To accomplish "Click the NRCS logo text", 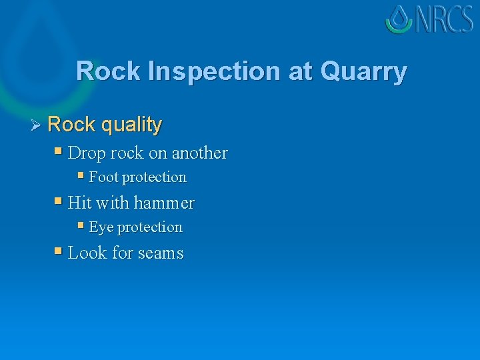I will [444, 19].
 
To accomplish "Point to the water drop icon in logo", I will [399, 19].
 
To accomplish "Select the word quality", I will [133, 125].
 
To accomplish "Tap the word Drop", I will [87, 153].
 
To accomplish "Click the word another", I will [199, 153].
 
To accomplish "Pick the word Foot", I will [103, 177].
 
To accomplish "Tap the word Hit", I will [79, 203].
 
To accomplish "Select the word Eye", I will [101, 227].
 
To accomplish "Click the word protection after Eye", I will [149, 227].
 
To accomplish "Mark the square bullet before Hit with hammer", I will [58, 201].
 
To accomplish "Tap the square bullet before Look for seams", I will [58, 251].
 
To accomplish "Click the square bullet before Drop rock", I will [58, 151].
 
